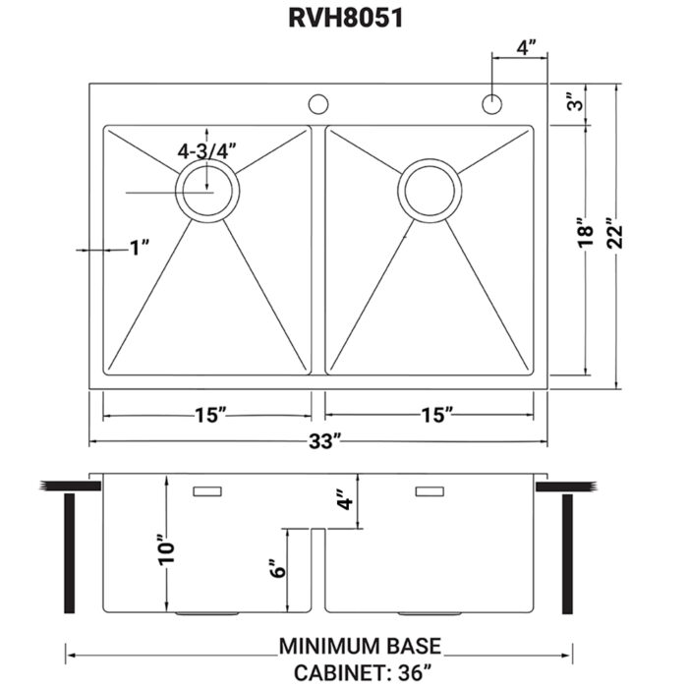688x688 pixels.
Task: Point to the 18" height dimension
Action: (x=587, y=232)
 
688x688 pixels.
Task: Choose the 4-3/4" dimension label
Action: (x=206, y=150)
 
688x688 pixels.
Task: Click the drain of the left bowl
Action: (x=206, y=190)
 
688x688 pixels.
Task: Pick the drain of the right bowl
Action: (x=430, y=189)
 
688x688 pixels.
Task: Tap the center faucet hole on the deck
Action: (x=317, y=102)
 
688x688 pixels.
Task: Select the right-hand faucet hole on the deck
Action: (x=491, y=102)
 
